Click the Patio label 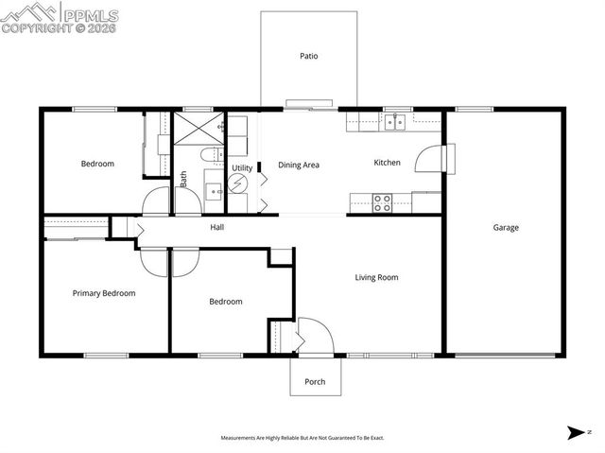coord(308,56)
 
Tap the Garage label coord(505,227)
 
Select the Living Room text coord(376,277)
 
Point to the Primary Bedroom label coord(104,293)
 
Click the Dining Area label coord(298,165)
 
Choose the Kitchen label coord(388,163)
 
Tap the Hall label coord(216,227)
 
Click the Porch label coord(315,382)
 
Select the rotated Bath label coord(183,179)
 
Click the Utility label coord(241,167)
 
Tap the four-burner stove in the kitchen coord(383,201)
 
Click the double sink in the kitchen coord(394,121)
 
